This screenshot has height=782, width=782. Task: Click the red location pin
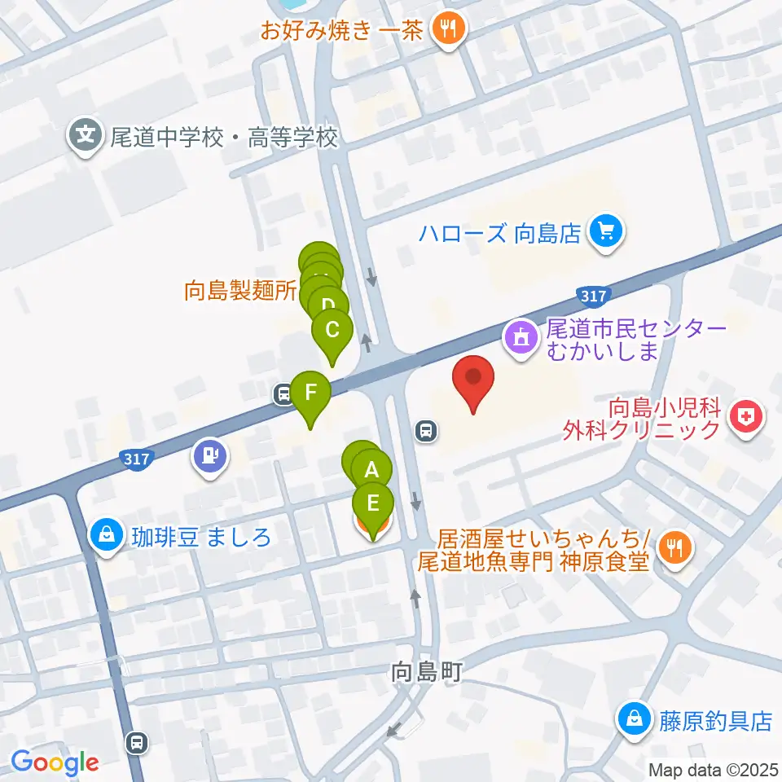477,383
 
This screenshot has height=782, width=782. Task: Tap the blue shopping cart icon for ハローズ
608,234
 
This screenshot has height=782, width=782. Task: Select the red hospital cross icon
745,418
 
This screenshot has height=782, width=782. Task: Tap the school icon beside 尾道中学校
85,131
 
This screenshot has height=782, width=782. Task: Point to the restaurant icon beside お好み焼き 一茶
447,32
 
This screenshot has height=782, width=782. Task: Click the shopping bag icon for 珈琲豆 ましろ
106,535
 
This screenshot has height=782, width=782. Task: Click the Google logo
55,763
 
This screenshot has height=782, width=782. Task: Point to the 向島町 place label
427,672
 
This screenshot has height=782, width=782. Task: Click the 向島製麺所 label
239,291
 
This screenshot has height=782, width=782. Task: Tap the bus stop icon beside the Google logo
138,742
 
